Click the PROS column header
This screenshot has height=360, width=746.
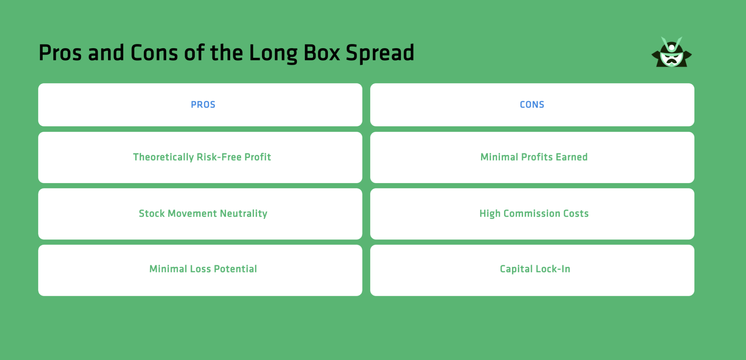203,105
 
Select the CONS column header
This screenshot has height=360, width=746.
532,105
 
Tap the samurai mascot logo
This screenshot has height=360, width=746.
671,53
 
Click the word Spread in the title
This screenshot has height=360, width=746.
380,53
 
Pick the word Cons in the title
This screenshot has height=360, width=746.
154,53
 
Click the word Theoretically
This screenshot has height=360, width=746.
163,157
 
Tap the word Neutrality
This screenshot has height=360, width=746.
244,213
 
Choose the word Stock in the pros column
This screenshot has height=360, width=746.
152,213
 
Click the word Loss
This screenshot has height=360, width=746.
200,269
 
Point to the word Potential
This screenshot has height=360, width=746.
235,269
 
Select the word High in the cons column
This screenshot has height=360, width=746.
490,213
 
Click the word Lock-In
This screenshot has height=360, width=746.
553,269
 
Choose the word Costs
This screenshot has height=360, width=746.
576,213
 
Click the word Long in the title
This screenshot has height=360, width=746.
273,53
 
